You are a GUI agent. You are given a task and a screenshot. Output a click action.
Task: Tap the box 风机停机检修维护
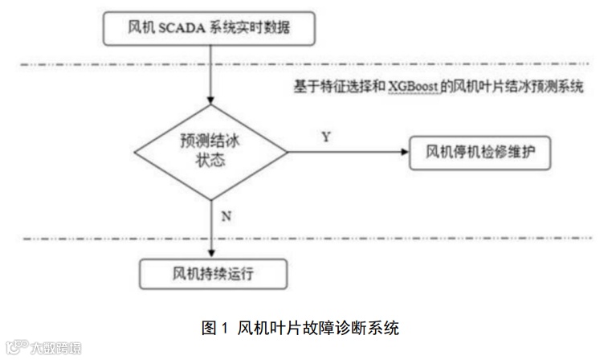pos(480,151)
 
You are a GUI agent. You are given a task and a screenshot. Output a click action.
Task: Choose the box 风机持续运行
pos(213,274)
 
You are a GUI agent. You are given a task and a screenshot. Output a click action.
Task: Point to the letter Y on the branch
pos(326,137)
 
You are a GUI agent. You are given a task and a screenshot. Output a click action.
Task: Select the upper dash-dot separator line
pos(305,63)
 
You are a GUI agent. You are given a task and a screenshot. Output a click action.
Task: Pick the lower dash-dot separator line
pos(305,238)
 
